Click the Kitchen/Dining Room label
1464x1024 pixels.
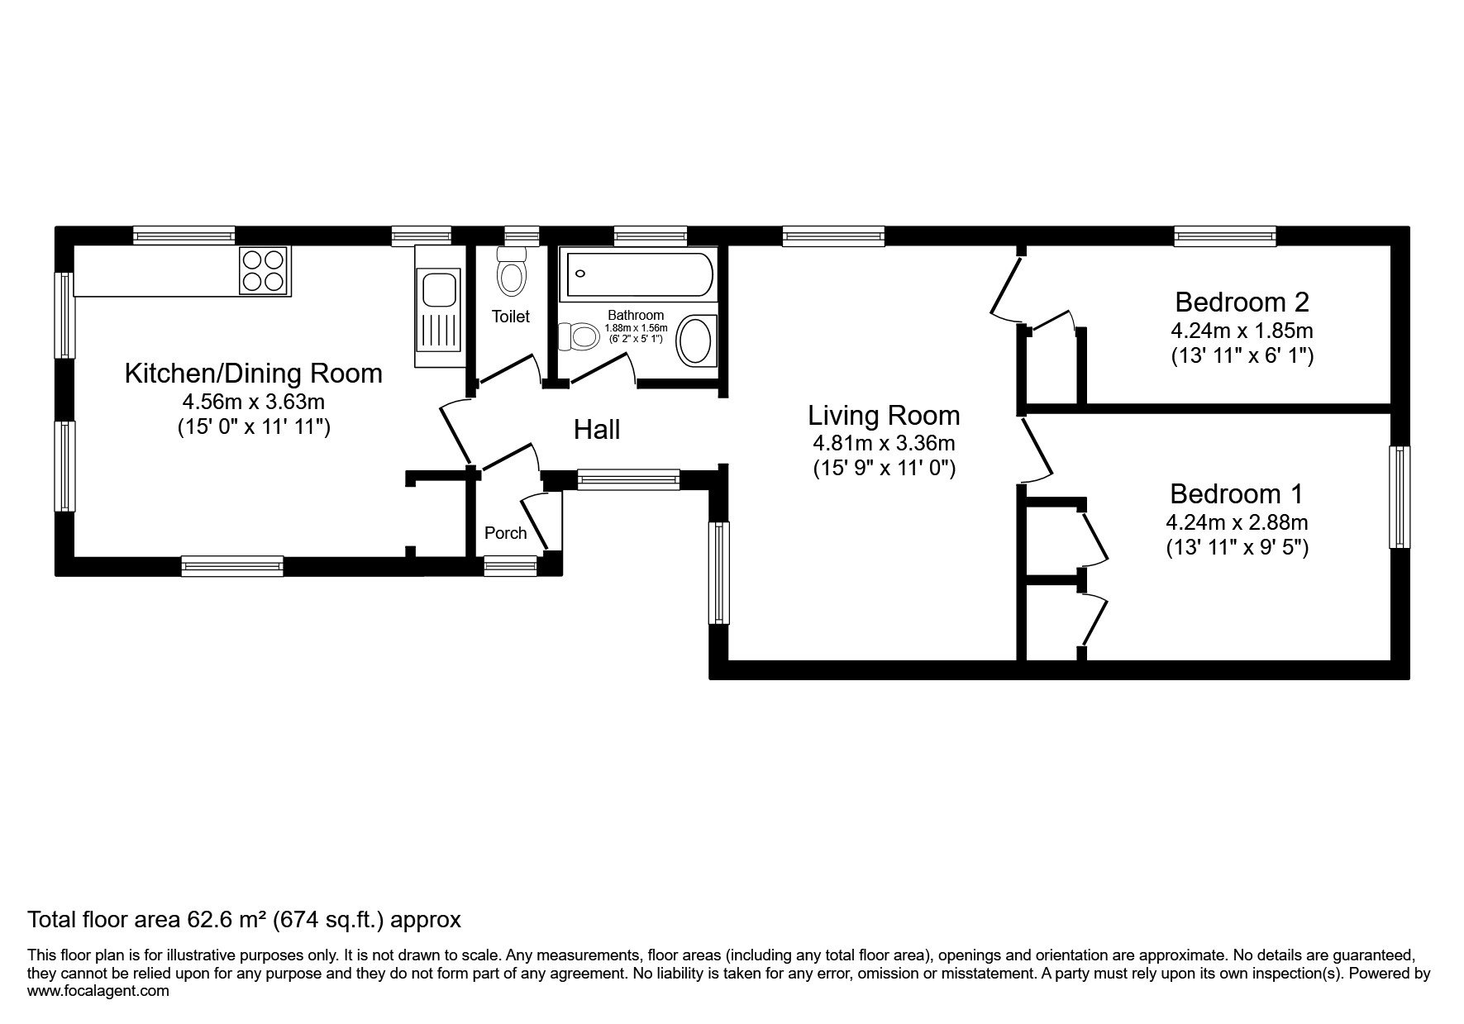tap(253, 374)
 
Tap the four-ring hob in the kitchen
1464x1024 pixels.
tap(264, 271)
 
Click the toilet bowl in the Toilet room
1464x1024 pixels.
tap(512, 272)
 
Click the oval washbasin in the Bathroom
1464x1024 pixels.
tap(696, 341)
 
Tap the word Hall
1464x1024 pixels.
tap(597, 430)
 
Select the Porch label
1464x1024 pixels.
tap(506, 533)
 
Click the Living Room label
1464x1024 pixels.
tap(884, 415)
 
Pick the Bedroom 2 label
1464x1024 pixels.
tap(1242, 301)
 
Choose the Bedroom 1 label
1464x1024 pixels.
tap(1236, 494)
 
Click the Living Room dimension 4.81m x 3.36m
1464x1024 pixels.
tap(884, 443)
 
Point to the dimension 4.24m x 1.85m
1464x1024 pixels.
tap(1242, 331)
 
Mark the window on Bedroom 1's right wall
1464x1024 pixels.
tap(1399, 498)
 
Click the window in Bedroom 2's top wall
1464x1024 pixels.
tap(1225, 236)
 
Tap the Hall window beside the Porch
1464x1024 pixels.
tap(628, 479)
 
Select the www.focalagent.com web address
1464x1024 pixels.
tap(98, 990)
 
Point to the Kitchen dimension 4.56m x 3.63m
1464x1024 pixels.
tap(254, 402)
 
